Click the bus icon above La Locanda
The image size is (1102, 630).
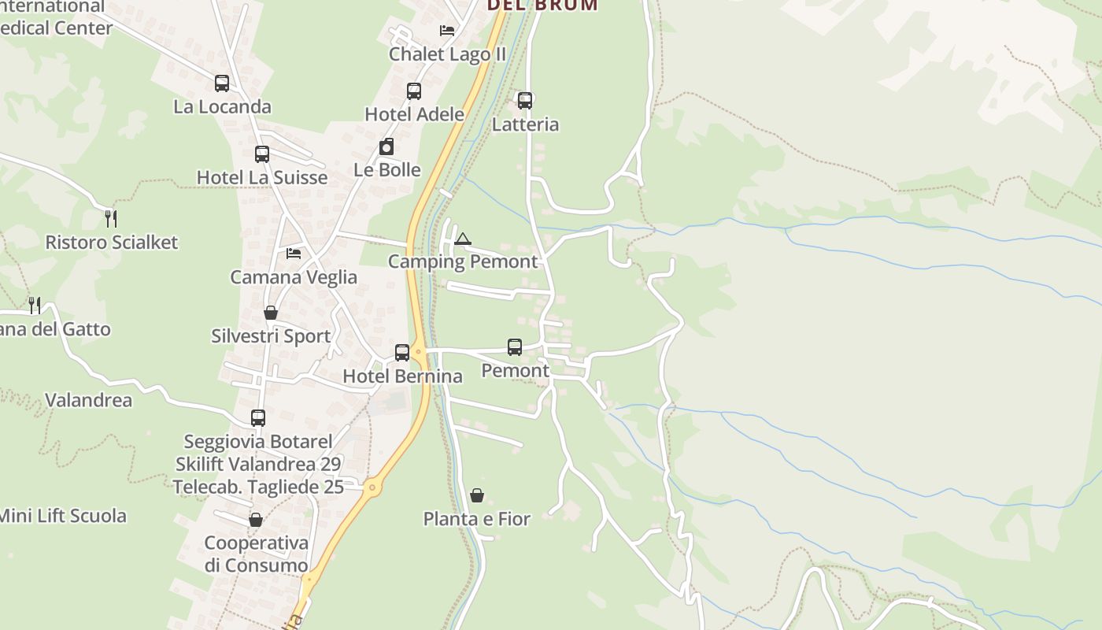tap(222, 83)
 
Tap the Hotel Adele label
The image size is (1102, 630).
tap(414, 114)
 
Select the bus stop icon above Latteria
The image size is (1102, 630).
tap(525, 100)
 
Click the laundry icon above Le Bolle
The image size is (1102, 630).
tap(386, 146)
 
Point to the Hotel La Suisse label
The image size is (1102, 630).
tap(262, 177)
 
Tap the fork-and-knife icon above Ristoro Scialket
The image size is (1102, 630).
tap(111, 218)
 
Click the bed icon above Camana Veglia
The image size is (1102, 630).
tap(294, 254)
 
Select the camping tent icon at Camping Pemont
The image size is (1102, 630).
tap(463, 239)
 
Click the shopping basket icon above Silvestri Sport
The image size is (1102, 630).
tap(271, 313)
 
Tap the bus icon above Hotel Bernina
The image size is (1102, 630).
tap(402, 352)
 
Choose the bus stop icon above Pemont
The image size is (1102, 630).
tap(515, 346)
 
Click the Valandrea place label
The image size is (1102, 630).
tap(88, 400)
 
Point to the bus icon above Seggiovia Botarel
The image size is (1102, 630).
tap(258, 418)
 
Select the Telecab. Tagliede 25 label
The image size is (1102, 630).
tap(258, 487)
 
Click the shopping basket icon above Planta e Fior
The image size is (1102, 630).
tap(477, 495)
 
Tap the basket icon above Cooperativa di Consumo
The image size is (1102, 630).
tap(255, 520)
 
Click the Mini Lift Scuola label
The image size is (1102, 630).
tap(63, 517)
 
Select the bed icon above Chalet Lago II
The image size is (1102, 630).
tap(447, 31)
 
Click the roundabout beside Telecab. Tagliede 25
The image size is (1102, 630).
tap(372, 488)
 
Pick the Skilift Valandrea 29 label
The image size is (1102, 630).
tap(258, 465)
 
